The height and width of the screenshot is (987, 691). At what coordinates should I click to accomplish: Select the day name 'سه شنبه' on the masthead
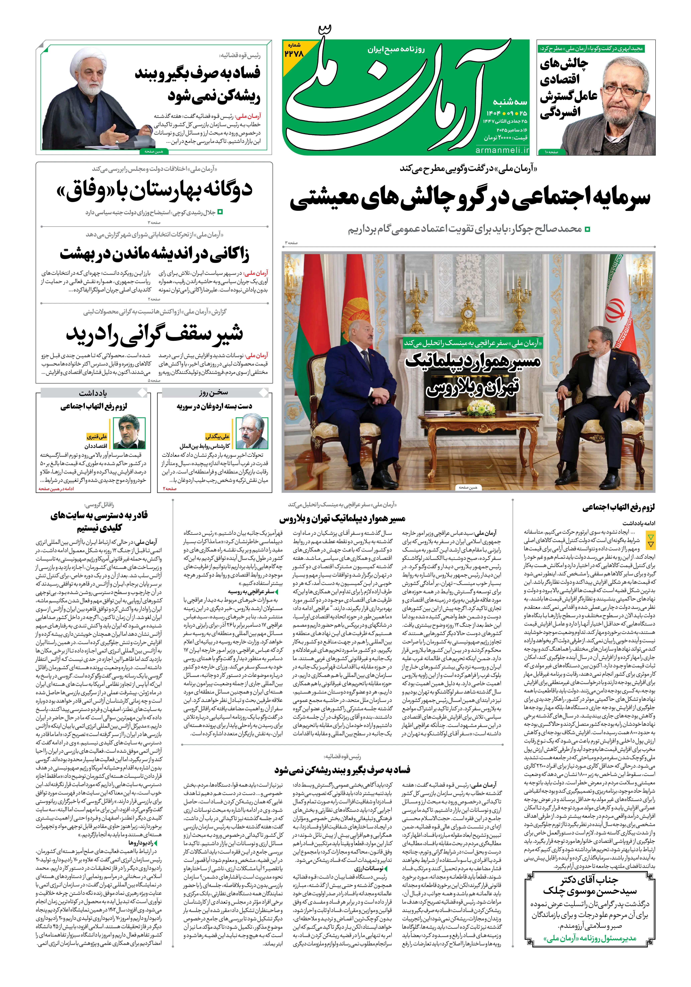pos(510,102)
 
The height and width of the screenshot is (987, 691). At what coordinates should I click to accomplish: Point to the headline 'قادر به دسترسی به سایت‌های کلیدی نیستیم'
pos(99,521)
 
